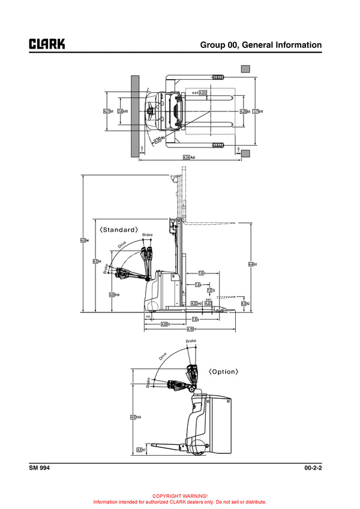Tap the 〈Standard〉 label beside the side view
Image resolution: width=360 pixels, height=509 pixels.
[119, 230]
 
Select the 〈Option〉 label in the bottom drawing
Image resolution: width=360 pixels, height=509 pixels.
[223, 372]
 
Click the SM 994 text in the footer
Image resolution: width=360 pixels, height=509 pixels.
[39, 468]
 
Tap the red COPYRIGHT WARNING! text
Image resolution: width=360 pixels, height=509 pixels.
[180, 496]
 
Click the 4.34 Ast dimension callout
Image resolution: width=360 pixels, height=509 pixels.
[190, 158]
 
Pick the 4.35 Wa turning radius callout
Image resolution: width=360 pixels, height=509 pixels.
[160, 141]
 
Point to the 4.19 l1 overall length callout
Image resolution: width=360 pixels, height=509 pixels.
[193, 329]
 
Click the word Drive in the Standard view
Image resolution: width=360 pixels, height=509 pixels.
[122, 245]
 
